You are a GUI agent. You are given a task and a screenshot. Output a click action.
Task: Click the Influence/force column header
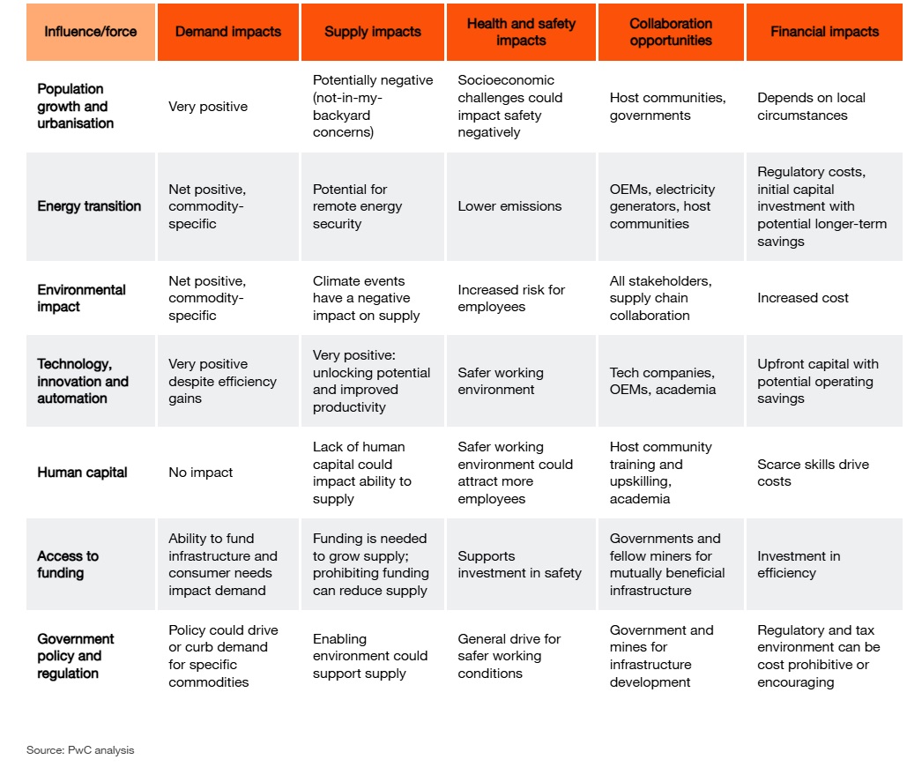click(x=91, y=32)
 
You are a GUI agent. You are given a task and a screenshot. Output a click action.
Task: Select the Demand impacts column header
click(x=228, y=32)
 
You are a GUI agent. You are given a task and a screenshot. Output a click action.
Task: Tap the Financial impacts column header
click(x=824, y=32)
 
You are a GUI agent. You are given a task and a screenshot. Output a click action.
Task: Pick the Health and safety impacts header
click(x=521, y=32)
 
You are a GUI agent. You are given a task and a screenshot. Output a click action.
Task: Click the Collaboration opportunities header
click(x=671, y=32)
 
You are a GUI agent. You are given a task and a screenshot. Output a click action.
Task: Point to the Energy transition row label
click(x=89, y=206)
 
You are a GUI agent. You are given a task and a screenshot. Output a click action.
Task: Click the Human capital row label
click(x=82, y=473)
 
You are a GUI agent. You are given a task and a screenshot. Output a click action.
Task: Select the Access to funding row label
click(x=68, y=564)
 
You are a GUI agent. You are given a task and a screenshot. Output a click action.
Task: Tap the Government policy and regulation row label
click(x=76, y=656)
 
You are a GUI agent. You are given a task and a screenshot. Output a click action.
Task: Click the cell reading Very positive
click(x=208, y=107)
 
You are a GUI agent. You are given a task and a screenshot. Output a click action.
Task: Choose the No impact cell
click(x=201, y=473)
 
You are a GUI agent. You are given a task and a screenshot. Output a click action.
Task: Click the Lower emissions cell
click(x=509, y=206)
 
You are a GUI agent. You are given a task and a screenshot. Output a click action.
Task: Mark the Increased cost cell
click(x=803, y=298)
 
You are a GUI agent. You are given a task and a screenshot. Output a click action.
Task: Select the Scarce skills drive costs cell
click(x=813, y=473)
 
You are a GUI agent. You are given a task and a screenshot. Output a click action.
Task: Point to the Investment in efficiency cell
click(x=799, y=564)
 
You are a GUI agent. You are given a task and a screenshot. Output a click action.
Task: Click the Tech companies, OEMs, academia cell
click(x=663, y=381)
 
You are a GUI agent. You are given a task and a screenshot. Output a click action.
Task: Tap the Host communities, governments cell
click(x=668, y=107)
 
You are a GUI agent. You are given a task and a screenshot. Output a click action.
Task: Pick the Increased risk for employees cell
click(x=511, y=298)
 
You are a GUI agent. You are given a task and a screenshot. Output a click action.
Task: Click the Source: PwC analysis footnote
click(x=80, y=750)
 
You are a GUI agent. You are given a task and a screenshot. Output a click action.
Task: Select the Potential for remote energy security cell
click(x=357, y=206)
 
